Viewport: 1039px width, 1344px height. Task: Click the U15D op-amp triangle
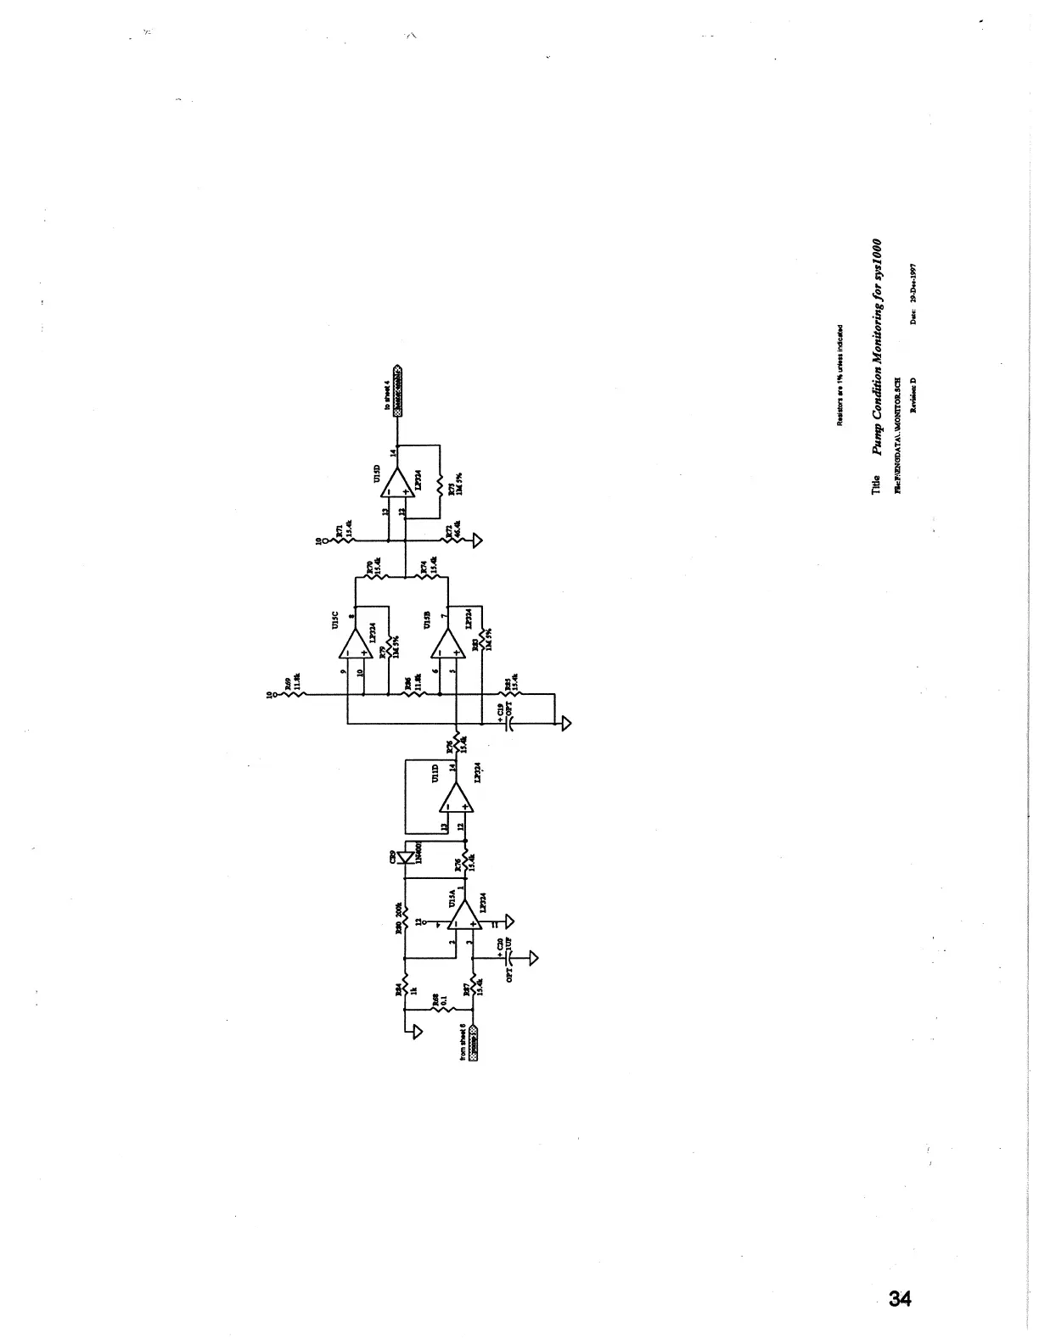(396, 484)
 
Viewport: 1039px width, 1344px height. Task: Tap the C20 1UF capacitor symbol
(510, 957)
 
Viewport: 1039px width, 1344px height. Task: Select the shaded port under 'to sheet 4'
(397, 389)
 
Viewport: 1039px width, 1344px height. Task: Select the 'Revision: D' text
(914, 395)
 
